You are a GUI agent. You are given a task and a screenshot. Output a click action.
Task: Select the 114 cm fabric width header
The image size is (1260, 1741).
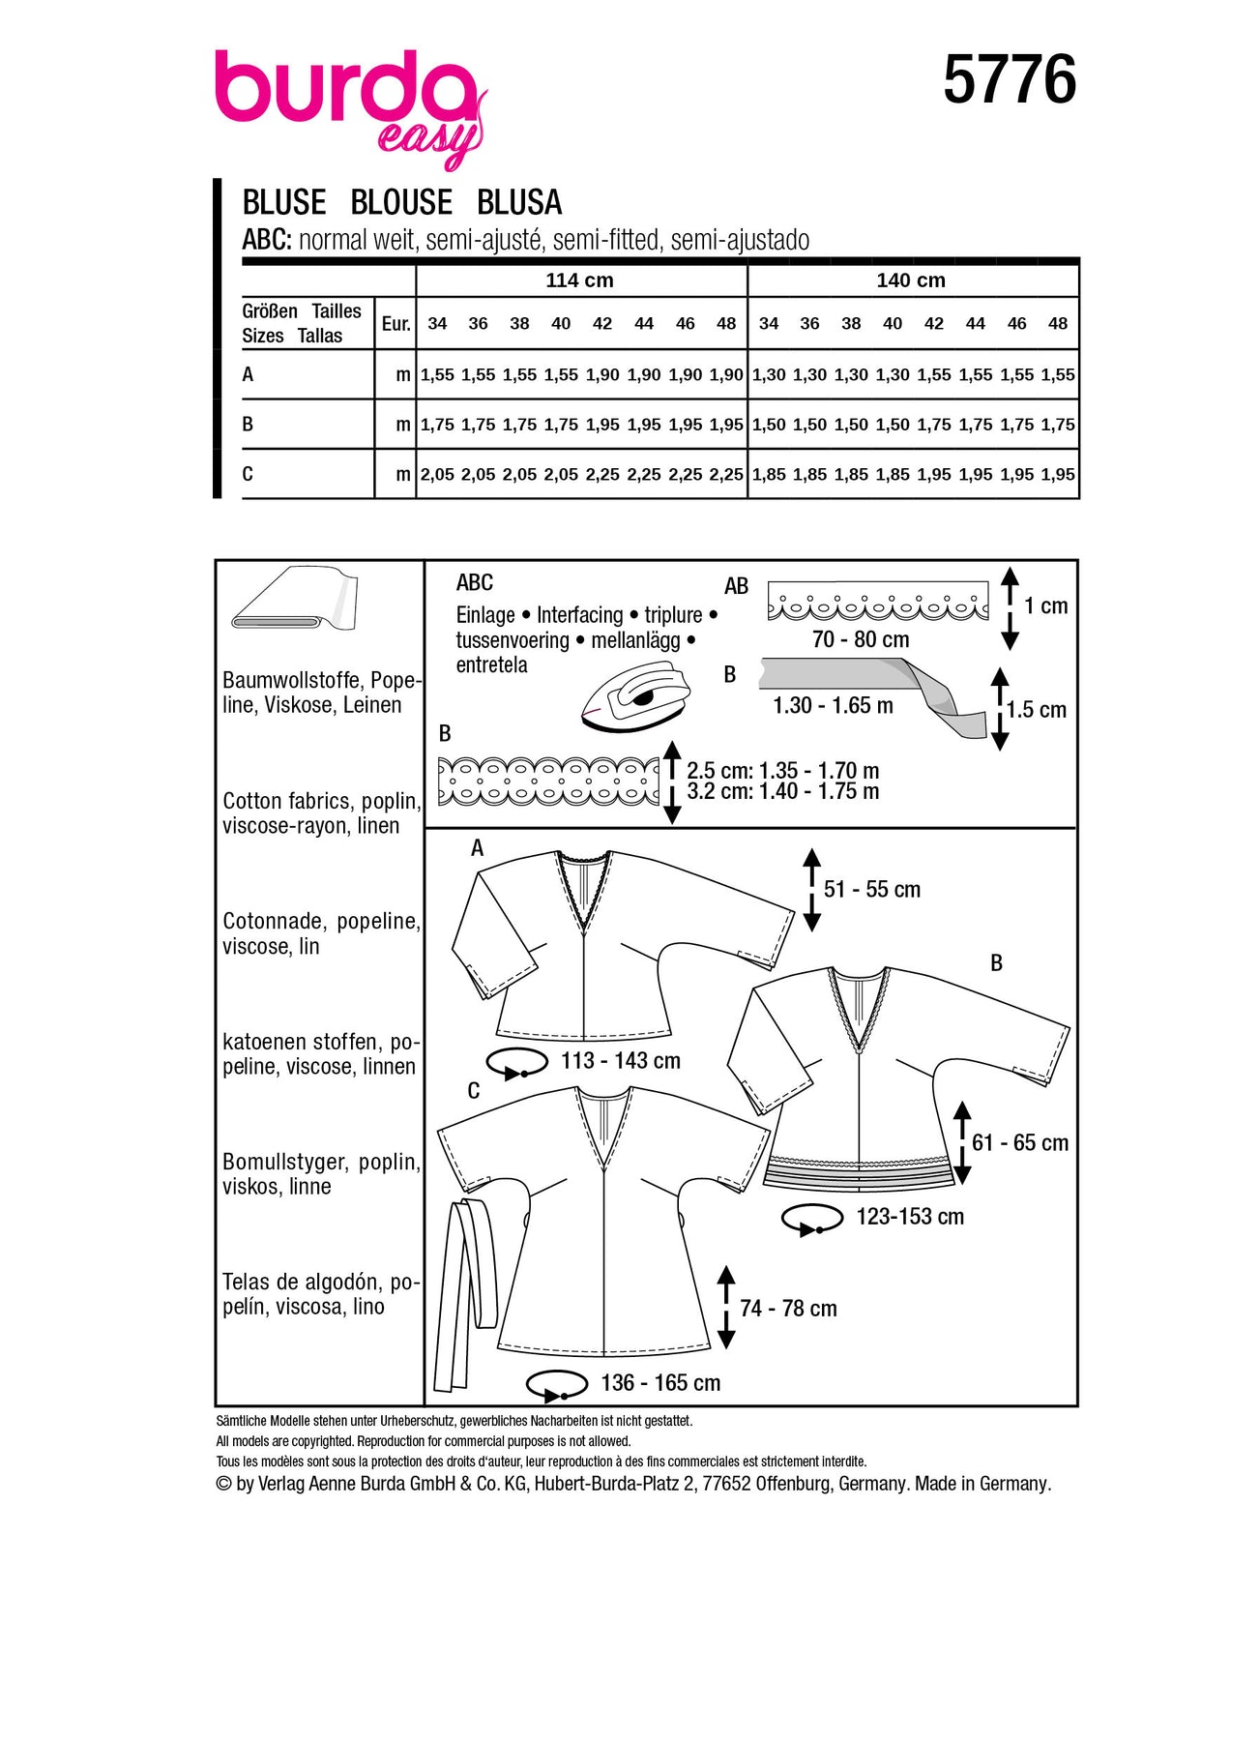[x=579, y=280]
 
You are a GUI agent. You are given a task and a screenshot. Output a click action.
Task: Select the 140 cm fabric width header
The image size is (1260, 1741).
[x=911, y=280]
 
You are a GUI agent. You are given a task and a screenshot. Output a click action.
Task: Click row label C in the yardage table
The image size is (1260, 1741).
[x=249, y=474]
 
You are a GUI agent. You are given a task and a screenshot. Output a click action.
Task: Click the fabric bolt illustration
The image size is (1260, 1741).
[x=295, y=599]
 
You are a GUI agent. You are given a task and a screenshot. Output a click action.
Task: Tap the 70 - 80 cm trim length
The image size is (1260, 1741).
[x=861, y=639]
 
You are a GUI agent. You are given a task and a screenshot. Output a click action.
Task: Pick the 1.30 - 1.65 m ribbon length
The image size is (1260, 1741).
[x=833, y=705]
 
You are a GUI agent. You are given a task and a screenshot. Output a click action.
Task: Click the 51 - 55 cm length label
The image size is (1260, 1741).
[x=871, y=889]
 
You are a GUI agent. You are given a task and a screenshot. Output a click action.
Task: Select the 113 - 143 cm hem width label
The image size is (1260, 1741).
[x=620, y=1061]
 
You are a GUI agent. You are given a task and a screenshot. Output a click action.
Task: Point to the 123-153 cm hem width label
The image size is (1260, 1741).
[x=910, y=1217]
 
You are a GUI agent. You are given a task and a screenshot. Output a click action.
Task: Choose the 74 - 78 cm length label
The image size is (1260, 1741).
[x=788, y=1309]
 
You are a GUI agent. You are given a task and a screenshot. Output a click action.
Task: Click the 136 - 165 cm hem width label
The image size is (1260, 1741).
[x=660, y=1383]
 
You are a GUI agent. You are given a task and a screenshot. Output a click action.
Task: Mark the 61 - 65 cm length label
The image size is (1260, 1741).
[x=1020, y=1142]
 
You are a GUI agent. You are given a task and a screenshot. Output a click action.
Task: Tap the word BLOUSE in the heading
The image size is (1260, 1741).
[x=401, y=202]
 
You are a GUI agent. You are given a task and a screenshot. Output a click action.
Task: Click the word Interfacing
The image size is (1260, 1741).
[x=580, y=615]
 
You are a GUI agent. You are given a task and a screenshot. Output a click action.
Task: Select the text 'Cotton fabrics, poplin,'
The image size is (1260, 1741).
[x=321, y=801]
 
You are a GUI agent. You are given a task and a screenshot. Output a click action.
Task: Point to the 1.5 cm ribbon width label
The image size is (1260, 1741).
[x=1036, y=709]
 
